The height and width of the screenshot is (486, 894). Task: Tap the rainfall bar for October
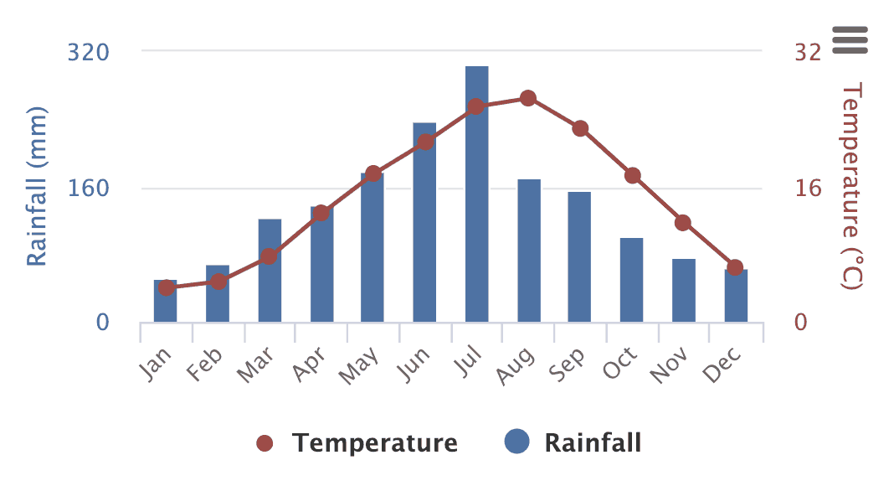(x=631, y=280)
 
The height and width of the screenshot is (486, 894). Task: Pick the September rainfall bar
(x=579, y=257)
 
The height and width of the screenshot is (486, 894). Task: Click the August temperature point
(x=527, y=98)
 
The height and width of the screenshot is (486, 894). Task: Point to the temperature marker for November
(x=683, y=223)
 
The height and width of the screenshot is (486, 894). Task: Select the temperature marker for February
(x=218, y=281)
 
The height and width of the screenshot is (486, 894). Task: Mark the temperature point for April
(x=321, y=213)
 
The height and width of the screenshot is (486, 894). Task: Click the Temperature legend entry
(x=358, y=442)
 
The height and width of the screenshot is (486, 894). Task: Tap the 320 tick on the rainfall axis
(x=89, y=52)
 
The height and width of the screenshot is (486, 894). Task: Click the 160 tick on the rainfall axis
(x=89, y=187)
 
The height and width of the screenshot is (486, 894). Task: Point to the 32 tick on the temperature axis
(x=808, y=52)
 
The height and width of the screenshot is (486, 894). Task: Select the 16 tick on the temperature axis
(x=808, y=187)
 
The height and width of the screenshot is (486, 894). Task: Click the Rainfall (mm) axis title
(x=36, y=187)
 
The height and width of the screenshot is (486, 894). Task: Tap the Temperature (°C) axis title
(x=851, y=187)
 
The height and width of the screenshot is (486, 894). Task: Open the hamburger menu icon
(x=850, y=39)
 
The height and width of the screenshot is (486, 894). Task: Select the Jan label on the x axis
(x=157, y=363)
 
